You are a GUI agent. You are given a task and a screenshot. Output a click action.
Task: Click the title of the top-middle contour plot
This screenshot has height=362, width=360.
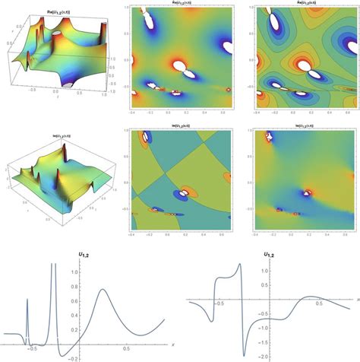tap(179, 4)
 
